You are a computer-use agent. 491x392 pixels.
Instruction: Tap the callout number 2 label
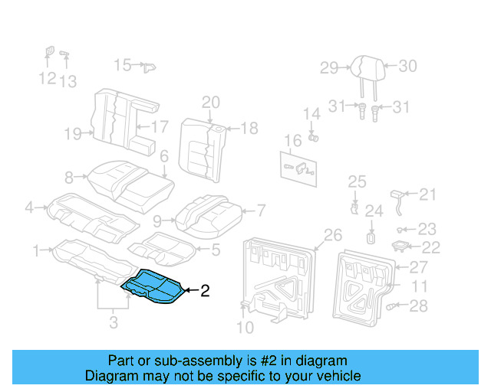[205, 291]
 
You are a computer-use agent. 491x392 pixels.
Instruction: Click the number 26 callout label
[332, 234]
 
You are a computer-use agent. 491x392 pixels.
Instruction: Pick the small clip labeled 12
[48, 52]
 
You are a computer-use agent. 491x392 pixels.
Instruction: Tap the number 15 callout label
[123, 65]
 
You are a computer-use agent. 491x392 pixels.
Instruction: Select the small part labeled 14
[314, 138]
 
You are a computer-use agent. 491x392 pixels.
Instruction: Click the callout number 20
[210, 103]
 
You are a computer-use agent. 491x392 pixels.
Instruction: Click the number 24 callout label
[373, 211]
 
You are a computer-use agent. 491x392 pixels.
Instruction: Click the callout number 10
[243, 329]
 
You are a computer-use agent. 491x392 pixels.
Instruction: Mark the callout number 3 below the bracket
[114, 323]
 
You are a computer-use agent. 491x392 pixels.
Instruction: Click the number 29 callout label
[329, 68]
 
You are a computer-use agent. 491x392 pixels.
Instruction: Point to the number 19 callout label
[73, 135]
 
